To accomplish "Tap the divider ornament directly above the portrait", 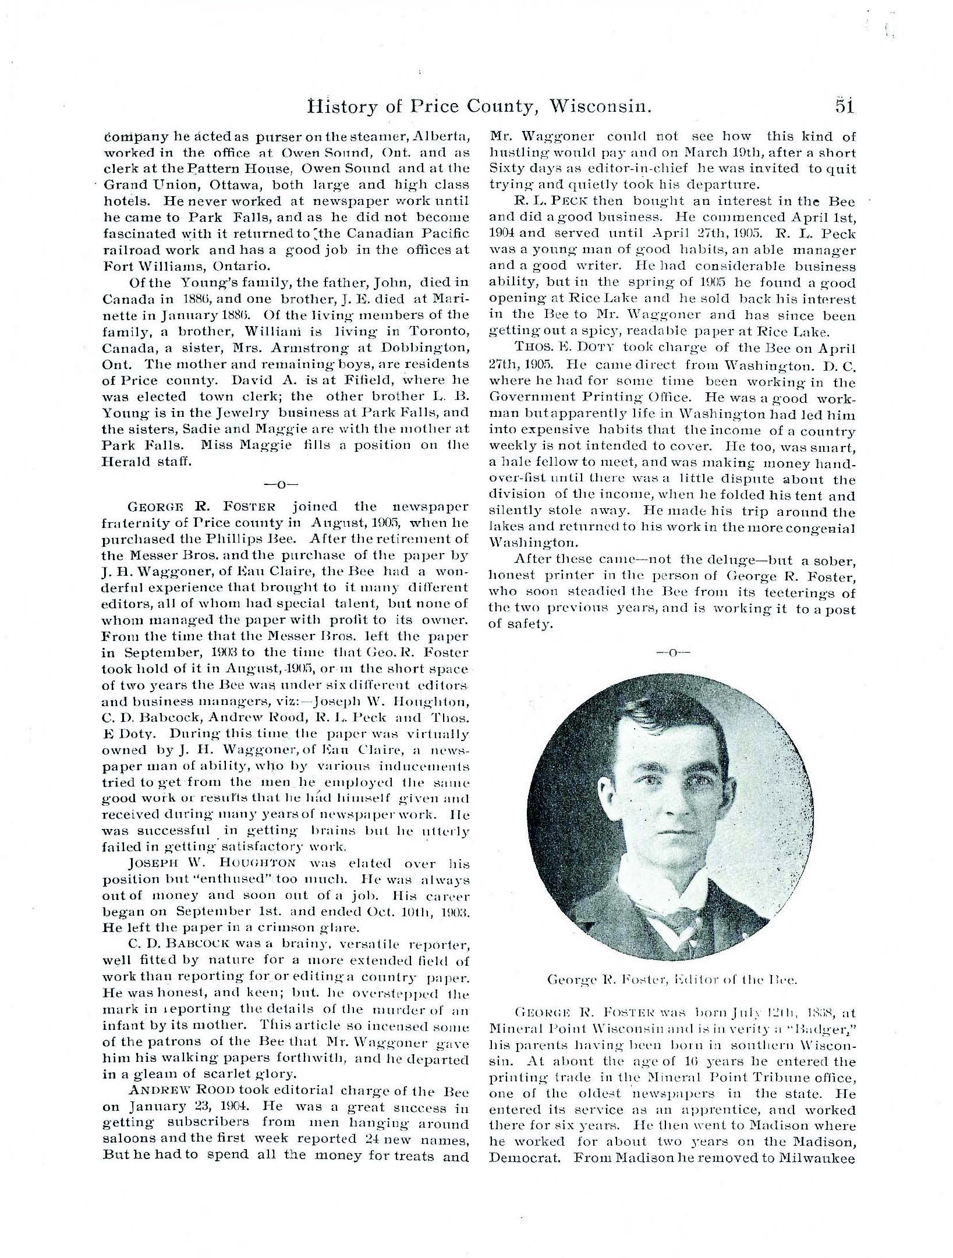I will tap(672, 652).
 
